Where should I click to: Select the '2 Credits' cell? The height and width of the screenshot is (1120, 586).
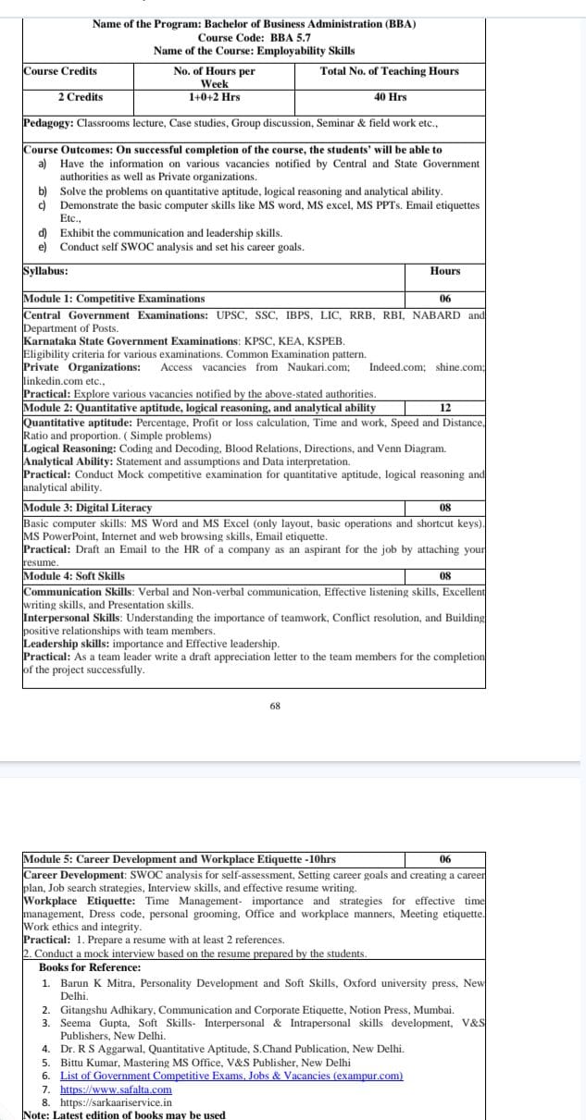[x=81, y=97]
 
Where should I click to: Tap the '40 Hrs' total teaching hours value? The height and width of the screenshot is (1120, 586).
[x=390, y=97]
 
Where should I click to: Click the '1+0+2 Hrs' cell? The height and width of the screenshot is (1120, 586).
[x=214, y=97]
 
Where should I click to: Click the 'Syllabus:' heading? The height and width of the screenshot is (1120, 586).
[x=44, y=271]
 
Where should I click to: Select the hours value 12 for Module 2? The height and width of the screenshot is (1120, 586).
[x=445, y=408]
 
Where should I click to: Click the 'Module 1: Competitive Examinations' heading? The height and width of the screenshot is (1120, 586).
[x=115, y=299]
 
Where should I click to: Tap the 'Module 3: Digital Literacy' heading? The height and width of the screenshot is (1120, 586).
[x=88, y=508]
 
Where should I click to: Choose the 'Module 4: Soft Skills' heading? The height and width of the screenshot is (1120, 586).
[x=74, y=576]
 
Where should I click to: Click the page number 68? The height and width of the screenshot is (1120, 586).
[x=275, y=706]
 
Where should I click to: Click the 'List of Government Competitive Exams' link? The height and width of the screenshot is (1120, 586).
[x=231, y=1077]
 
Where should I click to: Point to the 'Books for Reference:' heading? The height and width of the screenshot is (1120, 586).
[x=90, y=966]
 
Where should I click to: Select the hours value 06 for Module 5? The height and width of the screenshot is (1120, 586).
[x=445, y=859]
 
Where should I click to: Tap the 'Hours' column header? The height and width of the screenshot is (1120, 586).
[x=445, y=271]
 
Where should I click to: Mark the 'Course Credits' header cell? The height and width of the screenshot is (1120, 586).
[x=60, y=71]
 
